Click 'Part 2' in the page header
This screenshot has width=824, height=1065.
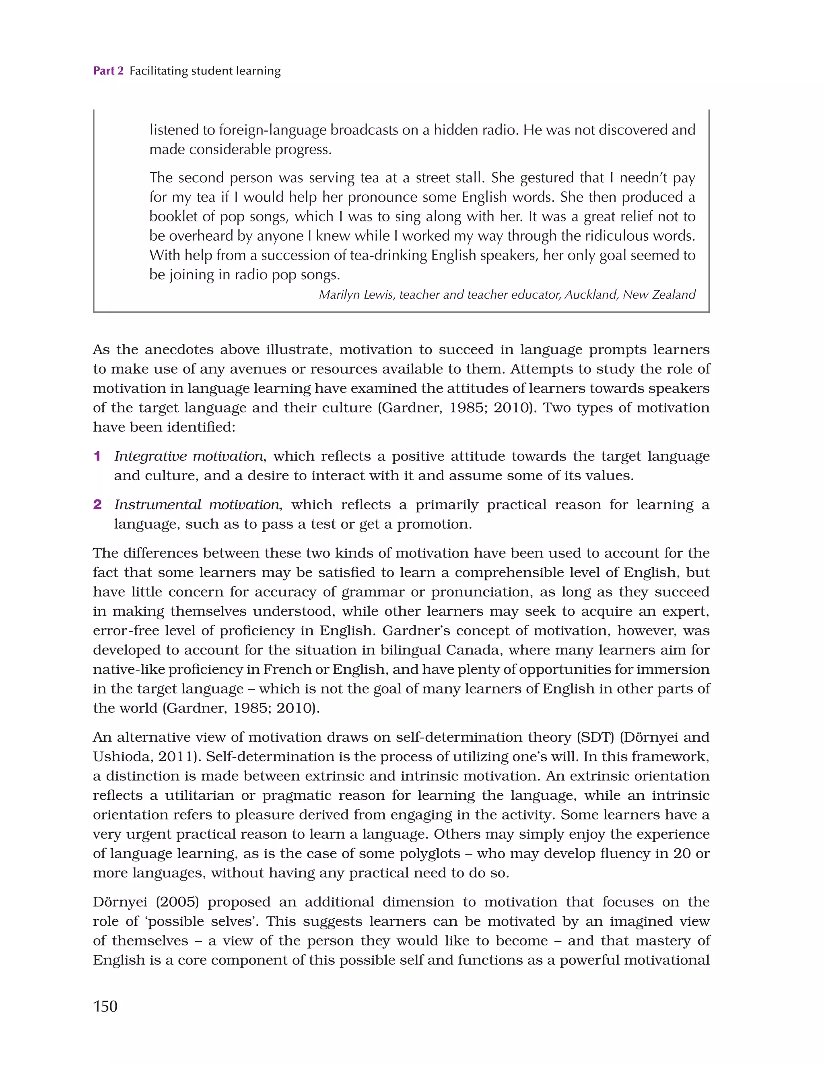(x=108, y=71)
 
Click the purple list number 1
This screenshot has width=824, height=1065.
(x=97, y=456)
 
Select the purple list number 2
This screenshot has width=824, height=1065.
(x=97, y=504)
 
